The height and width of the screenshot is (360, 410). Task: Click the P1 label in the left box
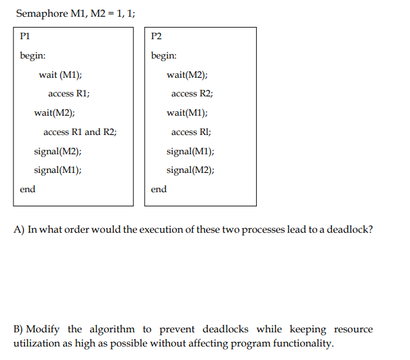click(26, 36)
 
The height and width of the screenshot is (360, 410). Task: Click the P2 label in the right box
click(156, 36)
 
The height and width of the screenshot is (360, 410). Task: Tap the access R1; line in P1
click(69, 94)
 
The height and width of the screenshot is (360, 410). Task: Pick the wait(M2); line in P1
click(54, 113)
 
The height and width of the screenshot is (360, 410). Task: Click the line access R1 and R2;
click(80, 132)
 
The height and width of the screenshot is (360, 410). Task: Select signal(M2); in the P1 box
click(57, 151)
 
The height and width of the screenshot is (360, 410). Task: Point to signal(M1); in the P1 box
click(57, 170)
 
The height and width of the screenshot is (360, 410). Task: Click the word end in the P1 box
click(28, 189)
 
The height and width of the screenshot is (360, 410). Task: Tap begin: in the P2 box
click(164, 55)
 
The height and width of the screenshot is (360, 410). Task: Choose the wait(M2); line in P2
click(187, 75)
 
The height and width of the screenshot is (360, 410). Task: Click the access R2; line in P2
click(192, 94)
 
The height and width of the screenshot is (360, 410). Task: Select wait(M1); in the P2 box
click(187, 113)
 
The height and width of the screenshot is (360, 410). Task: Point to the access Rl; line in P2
click(191, 132)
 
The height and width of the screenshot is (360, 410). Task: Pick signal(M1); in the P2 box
click(191, 151)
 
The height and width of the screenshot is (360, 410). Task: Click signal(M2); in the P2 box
click(191, 170)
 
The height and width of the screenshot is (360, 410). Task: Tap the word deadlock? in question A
click(350, 230)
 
